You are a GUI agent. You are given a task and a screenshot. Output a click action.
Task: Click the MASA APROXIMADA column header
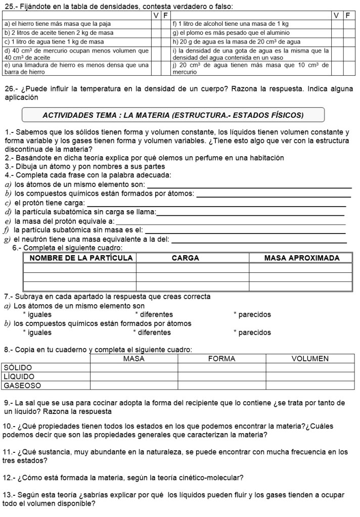pyautogui.click(x=302, y=258)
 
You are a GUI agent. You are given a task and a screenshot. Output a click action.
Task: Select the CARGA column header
pyautogui.click(x=186, y=258)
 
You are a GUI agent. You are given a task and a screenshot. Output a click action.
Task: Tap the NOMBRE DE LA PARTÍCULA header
pyautogui.click(x=81, y=258)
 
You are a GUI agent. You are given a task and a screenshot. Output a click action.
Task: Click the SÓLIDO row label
pyautogui.click(x=18, y=367)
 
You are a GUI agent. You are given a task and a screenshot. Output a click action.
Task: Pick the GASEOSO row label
pyautogui.click(x=22, y=386)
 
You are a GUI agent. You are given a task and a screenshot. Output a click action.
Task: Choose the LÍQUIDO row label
pyautogui.click(x=19, y=377)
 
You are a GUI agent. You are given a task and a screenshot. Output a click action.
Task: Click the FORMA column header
pyautogui.click(x=221, y=359)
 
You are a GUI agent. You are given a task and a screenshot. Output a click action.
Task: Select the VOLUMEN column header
pyautogui.click(x=310, y=359)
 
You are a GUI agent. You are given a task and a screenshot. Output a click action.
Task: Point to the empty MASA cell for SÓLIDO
pyautogui.click(x=134, y=367)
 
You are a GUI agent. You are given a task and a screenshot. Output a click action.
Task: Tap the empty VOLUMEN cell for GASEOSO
pyautogui.click(x=310, y=386)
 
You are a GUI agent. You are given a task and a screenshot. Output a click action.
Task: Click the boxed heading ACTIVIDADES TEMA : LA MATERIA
pyautogui.click(x=173, y=115)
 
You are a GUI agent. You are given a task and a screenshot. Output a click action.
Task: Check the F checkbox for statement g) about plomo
pyautogui.click(x=348, y=32)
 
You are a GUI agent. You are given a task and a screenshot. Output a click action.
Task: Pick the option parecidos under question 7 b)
pyautogui.click(x=252, y=333)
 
